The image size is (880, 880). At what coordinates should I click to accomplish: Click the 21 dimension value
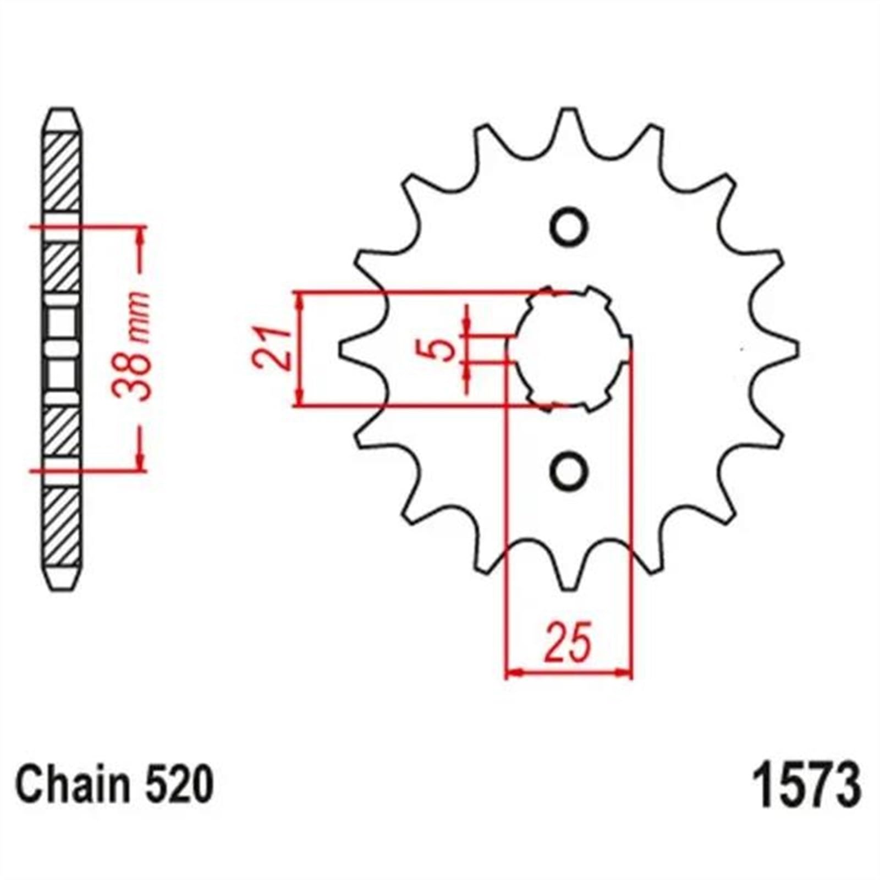pos(272,348)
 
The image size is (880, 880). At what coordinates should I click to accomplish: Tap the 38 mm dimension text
pos(131,346)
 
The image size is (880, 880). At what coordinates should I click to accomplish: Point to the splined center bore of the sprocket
pos(569,348)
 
